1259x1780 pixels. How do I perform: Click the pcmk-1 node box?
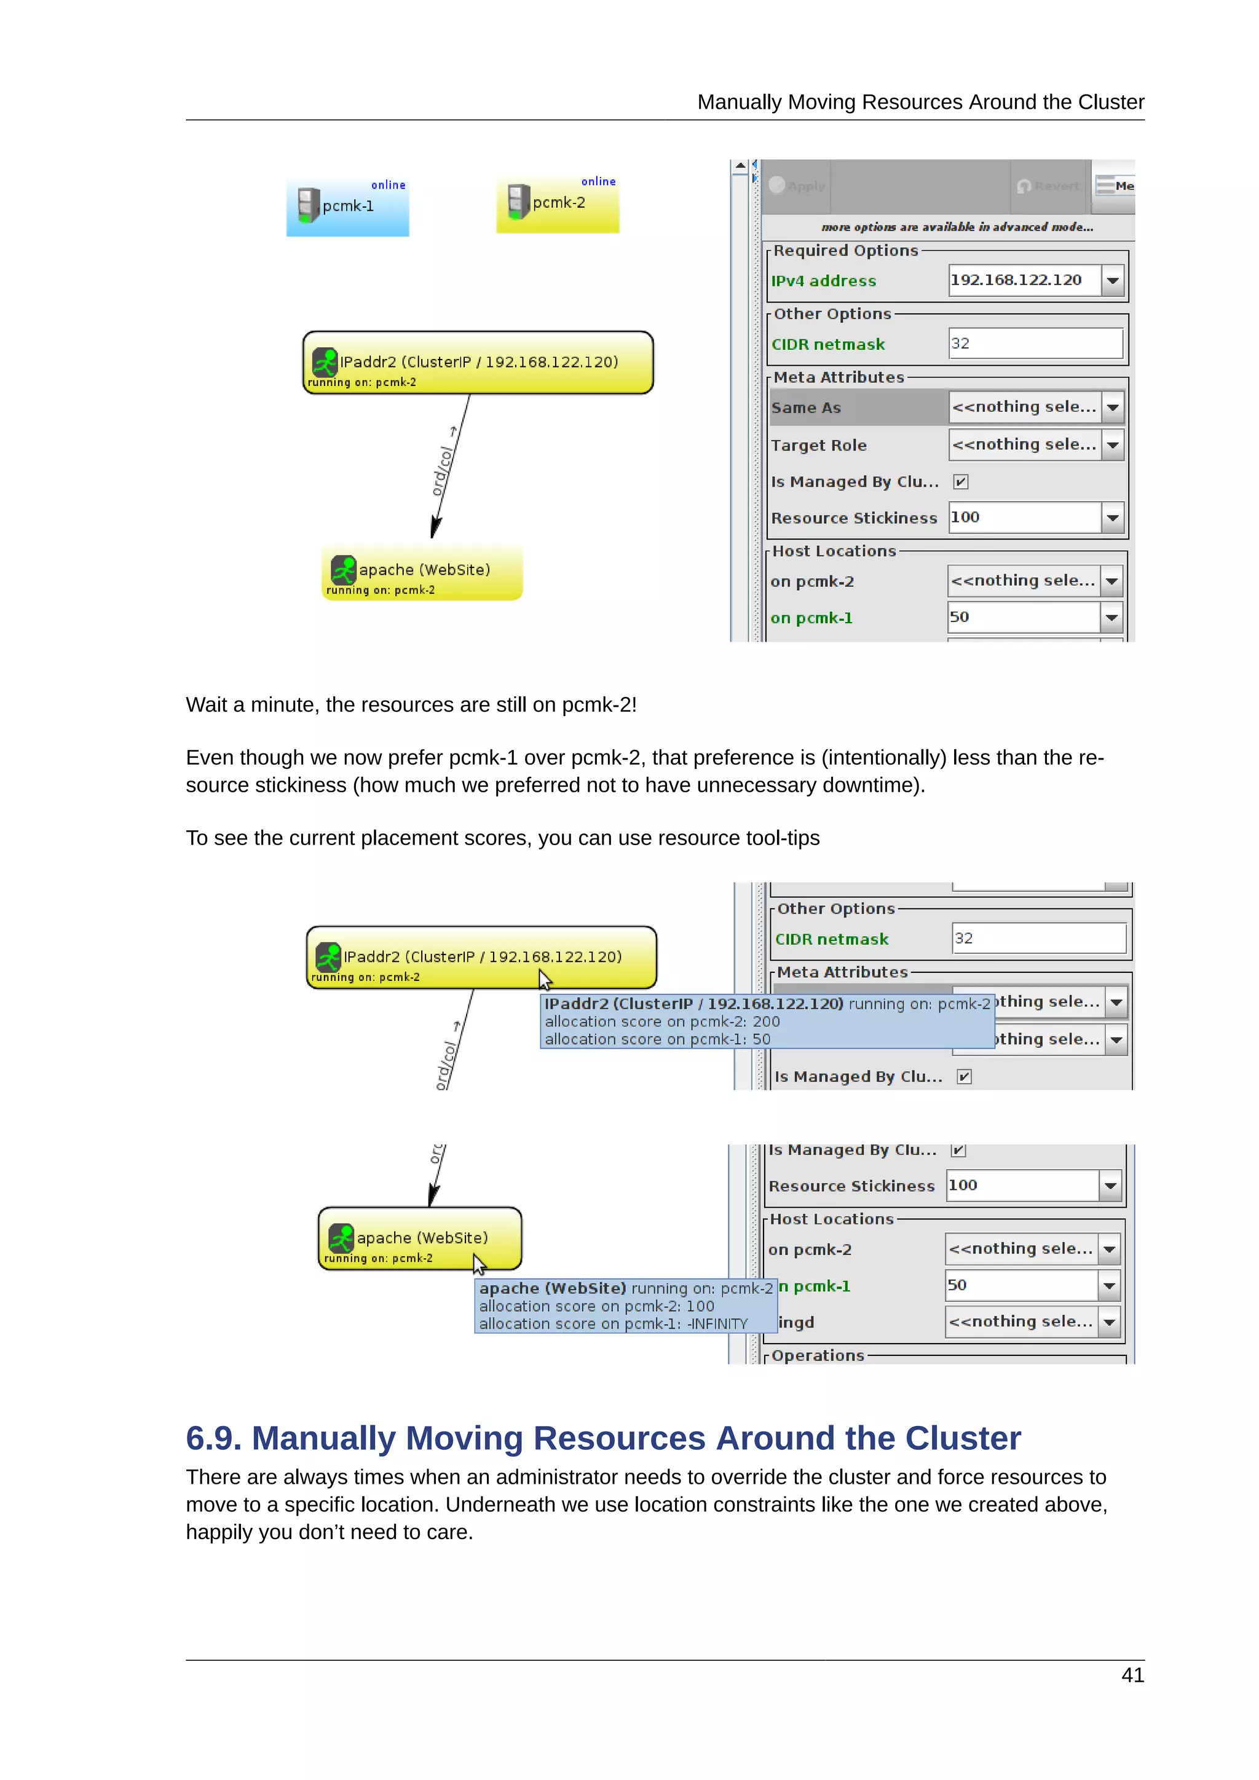tap(347, 207)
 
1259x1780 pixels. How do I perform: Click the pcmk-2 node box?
tap(558, 204)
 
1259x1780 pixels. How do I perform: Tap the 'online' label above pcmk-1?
tap(388, 185)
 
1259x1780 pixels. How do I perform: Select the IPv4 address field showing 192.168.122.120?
tap(1024, 280)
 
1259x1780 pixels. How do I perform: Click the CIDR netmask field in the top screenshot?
tap(1035, 344)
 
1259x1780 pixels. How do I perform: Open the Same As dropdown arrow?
tap(1113, 407)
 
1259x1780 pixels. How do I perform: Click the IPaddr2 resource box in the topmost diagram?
tap(478, 363)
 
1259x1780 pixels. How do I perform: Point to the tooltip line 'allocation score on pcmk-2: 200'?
tap(662, 1021)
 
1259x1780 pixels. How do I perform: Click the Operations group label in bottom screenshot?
tap(817, 1355)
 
